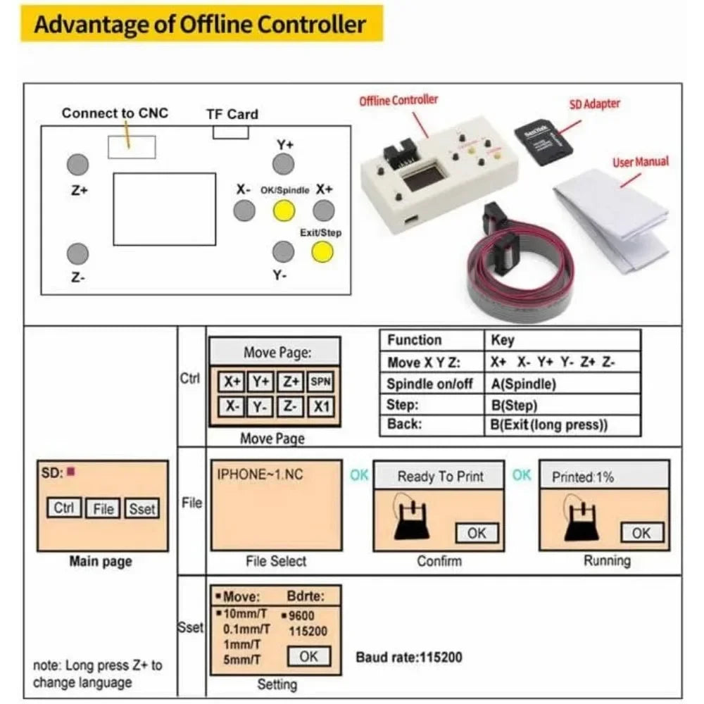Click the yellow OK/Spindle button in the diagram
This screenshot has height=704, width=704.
pyautogui.click(x=283, y=210)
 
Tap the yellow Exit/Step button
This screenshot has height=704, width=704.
pyautogui.click(x=322, y=251)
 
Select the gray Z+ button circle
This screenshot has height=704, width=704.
pyautogui.click(x=77, y=165)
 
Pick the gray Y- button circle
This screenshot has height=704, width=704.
pyautogui.click(x=283, y=251)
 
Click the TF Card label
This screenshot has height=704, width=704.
pyautogui.click(x=232, y=114)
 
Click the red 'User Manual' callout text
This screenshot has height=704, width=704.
pyautogui.click(x=640, y=162)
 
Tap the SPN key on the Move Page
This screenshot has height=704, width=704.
pyautogui.click(x=320, y=382)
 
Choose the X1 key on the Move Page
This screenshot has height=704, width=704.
pyautogui.click(x=320, y=406)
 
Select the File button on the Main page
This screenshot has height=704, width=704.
pyautogui.click(x=103, y=508)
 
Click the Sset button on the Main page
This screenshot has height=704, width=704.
pyautogui.click(x=142, y=508)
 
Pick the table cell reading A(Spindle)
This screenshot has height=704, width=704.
pyautogui.click(x=523, y=384)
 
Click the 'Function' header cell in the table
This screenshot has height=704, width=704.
pyautogui.click(x=414, y=341)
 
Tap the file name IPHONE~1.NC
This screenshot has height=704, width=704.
pyautogui.click(x=260, y=474)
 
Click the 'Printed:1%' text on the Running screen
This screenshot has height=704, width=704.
pyautogui.click(x=583, y=477)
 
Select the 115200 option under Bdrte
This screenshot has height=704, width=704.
pyautogui.click(x=308, y=631)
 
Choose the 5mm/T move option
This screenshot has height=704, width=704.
pyautogui.click(x=241, y=660)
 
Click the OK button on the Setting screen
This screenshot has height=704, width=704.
pyautogui.click(x=308, y=656)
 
